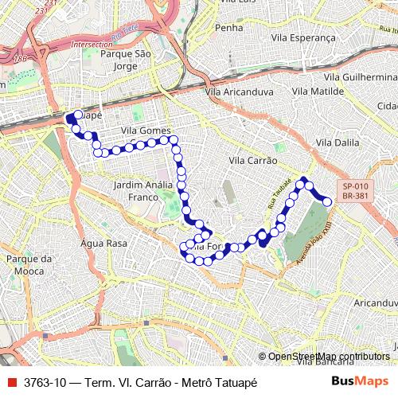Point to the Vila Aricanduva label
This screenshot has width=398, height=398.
[238, 92]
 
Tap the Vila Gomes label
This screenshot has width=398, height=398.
[146, 131]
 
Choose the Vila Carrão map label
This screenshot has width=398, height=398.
[252, 160]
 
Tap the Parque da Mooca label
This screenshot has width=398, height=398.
[29, 264]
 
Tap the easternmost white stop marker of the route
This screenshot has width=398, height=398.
[326, 202]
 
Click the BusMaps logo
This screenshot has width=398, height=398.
[359, 382]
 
